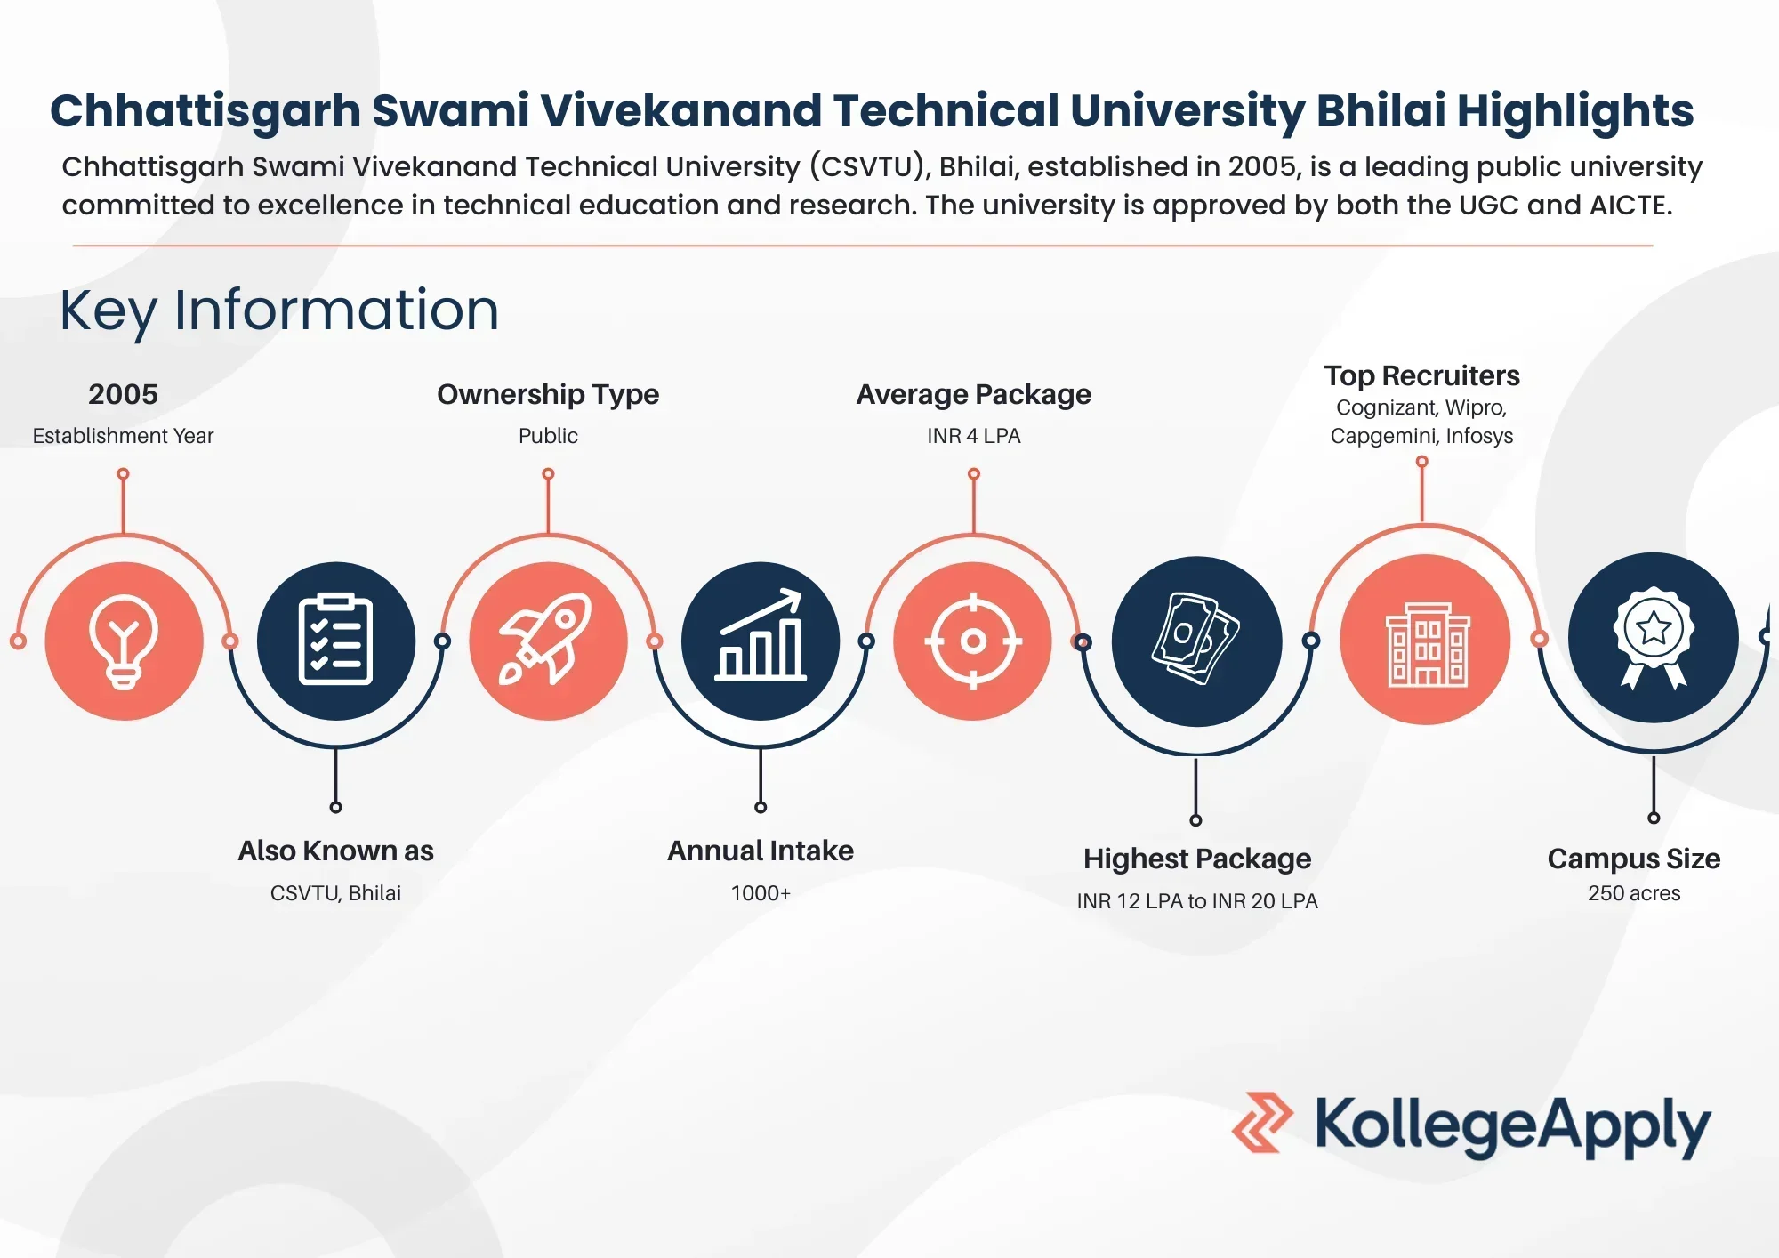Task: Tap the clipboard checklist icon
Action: (335, 639)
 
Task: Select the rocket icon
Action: (546, 639)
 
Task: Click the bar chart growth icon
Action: (761, 634)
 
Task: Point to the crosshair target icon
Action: (973, 641)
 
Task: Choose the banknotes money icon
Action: (1195, 639)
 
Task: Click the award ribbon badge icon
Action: (1654, 638)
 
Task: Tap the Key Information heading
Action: (279, 310)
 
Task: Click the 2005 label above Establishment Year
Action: (123, 394)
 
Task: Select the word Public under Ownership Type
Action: (548, 436)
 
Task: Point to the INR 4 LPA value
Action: (974, 436)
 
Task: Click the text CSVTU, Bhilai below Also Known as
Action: (335, 892)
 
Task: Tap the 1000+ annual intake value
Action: (761, 892)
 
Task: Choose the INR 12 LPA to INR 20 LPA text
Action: (1197, 901)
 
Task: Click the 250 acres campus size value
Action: (1634, 893)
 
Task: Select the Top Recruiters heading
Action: (1421, 375)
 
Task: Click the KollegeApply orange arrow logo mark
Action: (1261, 1122)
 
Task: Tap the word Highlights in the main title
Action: (1575, 112)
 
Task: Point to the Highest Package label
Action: (1197, 859)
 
